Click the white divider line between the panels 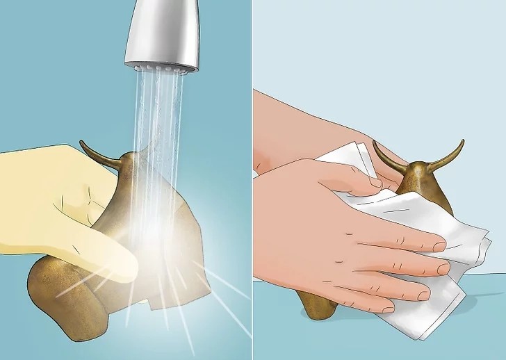253,180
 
